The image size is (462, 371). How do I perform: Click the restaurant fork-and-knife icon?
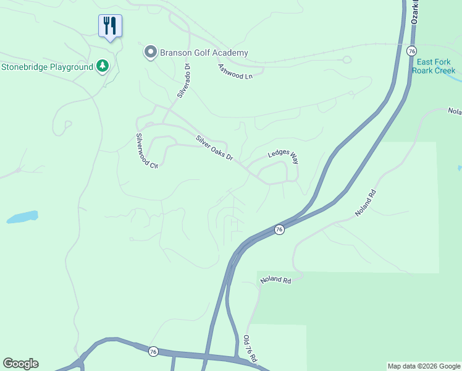(110, 26)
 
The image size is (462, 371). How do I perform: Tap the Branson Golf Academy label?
(204, 53)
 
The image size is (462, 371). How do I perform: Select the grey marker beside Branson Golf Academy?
(150, 53)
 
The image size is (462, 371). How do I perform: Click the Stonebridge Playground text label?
(46, 67)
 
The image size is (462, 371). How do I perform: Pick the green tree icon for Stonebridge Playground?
(103, 66)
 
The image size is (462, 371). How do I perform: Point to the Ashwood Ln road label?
(236, 71)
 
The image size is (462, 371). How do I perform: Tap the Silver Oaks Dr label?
(214, 148)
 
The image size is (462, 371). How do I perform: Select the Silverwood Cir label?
(147, 151)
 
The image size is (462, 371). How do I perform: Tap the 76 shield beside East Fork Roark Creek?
(411, 51)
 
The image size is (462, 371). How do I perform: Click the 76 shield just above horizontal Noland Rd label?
(279, 229)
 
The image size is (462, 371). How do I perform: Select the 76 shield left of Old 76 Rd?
(153, 351)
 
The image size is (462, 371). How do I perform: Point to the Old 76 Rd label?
(250, 349)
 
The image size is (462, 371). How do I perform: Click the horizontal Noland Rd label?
(275, 280)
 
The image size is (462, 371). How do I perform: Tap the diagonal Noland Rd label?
(365, 203)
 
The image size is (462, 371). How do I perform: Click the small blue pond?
(22, 217)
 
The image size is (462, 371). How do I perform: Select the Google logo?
(20, 364)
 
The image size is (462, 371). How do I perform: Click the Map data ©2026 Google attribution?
(424, 366)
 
